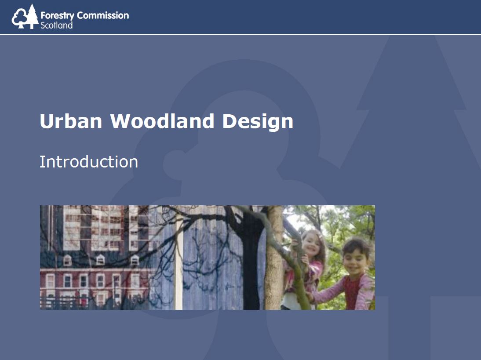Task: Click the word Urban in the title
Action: [71, 121]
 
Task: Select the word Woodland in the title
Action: [162, 121]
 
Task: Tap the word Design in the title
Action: [258, 122]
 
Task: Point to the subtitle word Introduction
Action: [89, 162]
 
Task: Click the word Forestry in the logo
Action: [57, 16]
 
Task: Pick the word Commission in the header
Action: [103, 15]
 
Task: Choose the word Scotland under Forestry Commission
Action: [56, 25]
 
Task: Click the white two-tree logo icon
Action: [25, 17]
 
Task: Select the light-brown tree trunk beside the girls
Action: [274, 258]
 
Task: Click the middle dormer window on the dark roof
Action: [100, 260]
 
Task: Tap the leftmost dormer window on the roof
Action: [67, 260]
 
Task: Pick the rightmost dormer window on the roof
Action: [135, 260]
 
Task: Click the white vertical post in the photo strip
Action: [179, 261]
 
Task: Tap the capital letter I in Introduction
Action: [41, 162]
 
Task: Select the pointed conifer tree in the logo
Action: [32, 17]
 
